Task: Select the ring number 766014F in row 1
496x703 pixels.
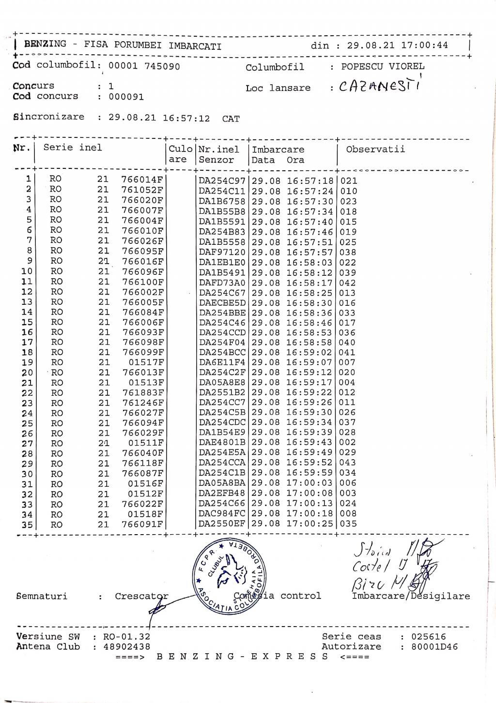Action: tap(142, 179)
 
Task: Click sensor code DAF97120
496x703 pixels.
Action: tap(222, 252)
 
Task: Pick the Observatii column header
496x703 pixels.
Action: tap(375, 149)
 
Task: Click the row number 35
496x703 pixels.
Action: tap(27, 524)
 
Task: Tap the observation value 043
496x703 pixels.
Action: tap(348, 463)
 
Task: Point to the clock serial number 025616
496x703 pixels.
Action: tap(429, 637)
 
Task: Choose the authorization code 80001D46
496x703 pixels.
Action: tap(434, 647)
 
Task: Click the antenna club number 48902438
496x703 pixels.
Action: tap(127, 647)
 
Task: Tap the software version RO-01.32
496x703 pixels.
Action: tap(127, 637)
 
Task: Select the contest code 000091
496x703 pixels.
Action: tap(126, 96)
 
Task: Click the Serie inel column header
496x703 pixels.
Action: tap(73, 148)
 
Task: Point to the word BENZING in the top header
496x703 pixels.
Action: tap(45, 44)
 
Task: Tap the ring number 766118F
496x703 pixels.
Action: tap(142, 463)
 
